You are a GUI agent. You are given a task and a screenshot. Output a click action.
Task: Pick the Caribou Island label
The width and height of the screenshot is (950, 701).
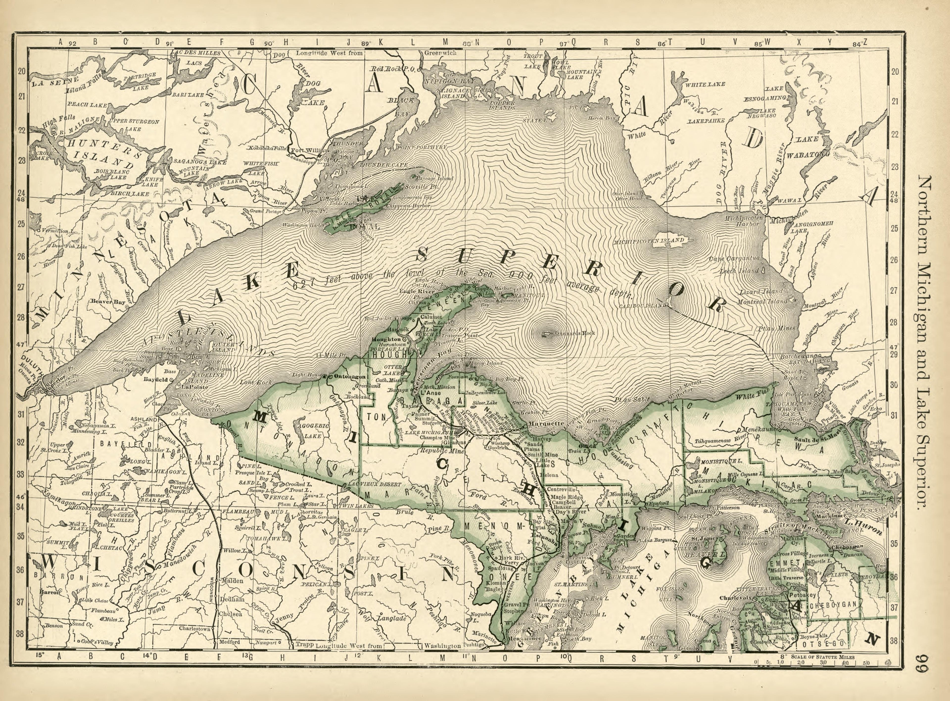641,306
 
